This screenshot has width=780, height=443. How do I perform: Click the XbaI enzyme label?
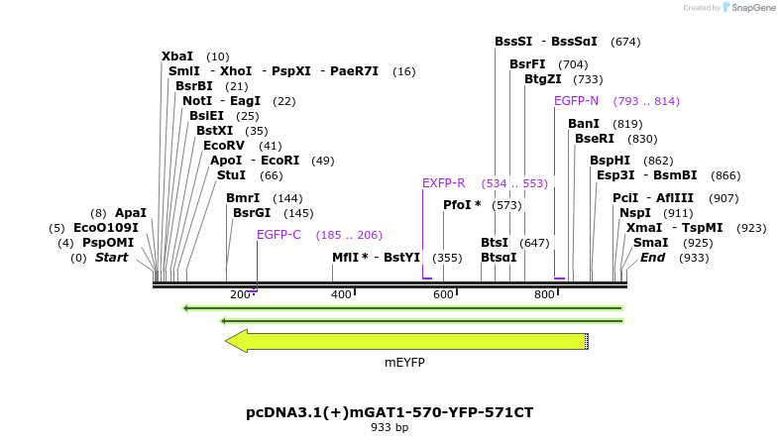coord(177,56)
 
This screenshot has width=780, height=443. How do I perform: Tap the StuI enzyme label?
coord(231,174)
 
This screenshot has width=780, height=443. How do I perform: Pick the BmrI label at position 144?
coord(243,197)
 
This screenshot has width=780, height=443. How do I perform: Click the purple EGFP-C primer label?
coord(279,235)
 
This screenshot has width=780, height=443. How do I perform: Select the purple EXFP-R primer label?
coord(443,183)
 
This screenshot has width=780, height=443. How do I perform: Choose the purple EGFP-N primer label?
coord(576,101)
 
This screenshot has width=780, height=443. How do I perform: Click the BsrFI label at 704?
coord(527,64)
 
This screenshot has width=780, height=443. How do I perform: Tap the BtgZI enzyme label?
coord(543,79)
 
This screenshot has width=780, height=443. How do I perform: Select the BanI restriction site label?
coord(584,123)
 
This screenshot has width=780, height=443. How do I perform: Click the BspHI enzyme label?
coord(610,160)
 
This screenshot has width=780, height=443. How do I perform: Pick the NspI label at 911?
coord(635,212)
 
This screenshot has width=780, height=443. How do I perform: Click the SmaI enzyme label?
coord(650,242)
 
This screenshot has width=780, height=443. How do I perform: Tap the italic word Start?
coord(112,258)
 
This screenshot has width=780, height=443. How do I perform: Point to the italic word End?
coord(652,258)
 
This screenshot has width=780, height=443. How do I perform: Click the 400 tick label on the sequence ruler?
coord(341,294)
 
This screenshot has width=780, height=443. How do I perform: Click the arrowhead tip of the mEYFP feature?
coord(228,341)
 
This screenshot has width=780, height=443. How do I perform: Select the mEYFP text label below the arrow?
coord(404,363)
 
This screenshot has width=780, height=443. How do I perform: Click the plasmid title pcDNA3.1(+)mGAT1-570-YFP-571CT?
coord(396,411)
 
